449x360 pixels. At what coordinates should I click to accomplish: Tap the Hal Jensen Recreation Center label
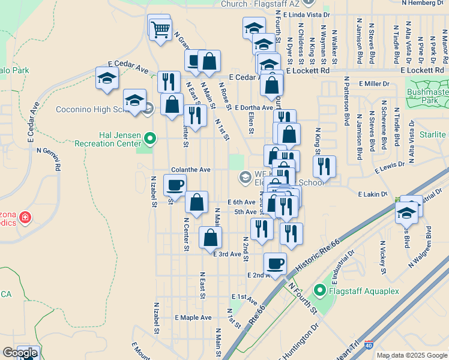tap(108, 139)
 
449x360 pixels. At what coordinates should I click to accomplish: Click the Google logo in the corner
tap(20, 353)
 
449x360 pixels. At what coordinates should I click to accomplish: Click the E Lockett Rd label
tap(308, 70)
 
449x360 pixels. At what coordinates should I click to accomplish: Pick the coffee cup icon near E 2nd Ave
tap(275, 263)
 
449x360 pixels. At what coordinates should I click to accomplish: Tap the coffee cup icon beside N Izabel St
tap(175, 185)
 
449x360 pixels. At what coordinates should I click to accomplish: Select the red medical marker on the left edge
tap(25, 217)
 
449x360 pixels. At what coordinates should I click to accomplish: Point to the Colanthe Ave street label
tap(190, 170)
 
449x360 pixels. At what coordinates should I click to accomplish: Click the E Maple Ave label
tap(193, 317)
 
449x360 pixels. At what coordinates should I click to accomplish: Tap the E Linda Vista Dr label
tap(309, 13)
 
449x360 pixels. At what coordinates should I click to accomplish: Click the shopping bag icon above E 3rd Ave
tap(210, 238)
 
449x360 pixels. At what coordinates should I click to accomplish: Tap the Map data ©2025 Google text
tap(412, 355)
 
